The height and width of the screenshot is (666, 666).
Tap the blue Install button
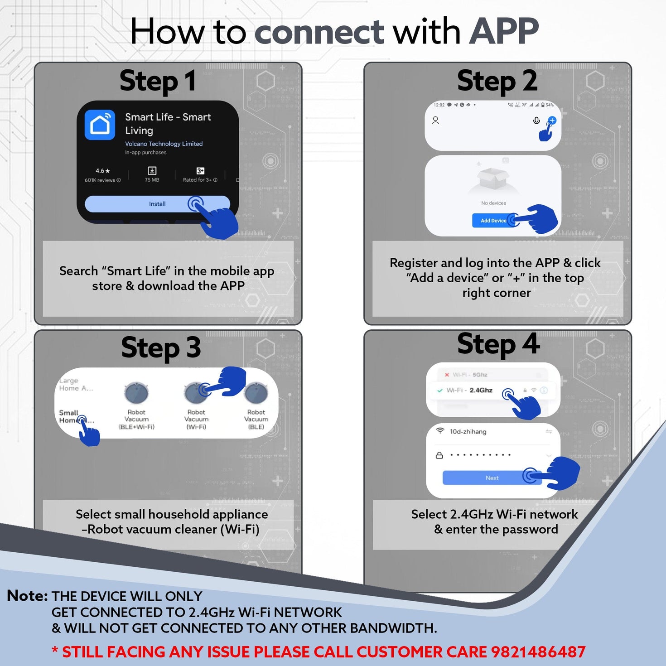coord(157,204)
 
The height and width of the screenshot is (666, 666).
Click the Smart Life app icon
coord(100,125)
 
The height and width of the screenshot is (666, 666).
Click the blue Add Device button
coord(493,221)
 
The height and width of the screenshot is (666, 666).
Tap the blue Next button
coord(492,478)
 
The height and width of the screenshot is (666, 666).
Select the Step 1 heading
coord(158,82)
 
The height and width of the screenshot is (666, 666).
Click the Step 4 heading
coord(498,344)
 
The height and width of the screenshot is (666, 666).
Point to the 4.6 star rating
coord(102,171)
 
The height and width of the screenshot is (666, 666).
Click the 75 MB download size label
coord(152,180)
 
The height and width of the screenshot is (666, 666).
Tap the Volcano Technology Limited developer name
coord(164,144)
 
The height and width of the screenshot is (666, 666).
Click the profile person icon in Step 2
coord(435,120)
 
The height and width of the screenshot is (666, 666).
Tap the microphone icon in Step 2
coord(536,121)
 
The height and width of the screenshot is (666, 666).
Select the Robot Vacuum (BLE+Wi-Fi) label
coord(136,420)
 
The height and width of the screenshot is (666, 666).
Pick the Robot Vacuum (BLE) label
coord(256,420)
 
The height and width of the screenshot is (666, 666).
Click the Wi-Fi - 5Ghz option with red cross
coord(469,375)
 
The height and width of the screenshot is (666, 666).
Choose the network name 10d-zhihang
coord(468,432)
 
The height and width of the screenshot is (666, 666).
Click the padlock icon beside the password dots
coord(439,455)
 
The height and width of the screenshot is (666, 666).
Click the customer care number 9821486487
coord(538,652)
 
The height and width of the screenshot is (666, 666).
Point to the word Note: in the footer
coord(27,596)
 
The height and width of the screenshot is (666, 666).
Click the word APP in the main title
coord(503,32)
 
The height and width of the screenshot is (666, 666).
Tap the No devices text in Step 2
coord(493,203)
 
